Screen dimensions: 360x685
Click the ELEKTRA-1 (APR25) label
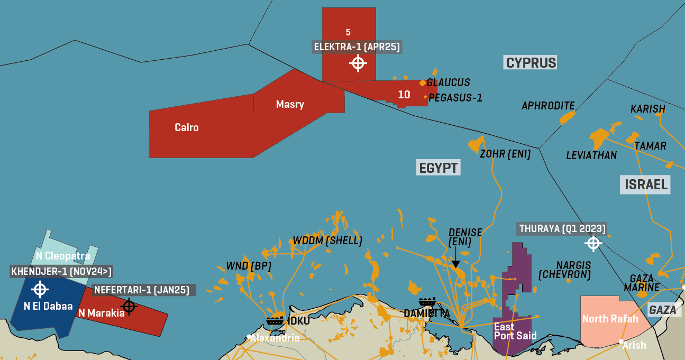pos(357,47)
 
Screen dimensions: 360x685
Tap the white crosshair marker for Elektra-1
pos(358,63)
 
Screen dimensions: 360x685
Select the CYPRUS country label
pos(531,63)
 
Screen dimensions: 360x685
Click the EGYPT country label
pos(438,168)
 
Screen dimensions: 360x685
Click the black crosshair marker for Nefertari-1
pos(129,306)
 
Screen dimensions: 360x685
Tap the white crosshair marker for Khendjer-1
pos(40,289)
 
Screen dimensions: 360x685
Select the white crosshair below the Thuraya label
pos(593,243)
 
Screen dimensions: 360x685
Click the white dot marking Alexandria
pos(249,337)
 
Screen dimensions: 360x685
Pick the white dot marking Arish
pos(621,341)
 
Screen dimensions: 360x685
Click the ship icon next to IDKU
pos(275,320)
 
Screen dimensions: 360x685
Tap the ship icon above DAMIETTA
pos(427,302)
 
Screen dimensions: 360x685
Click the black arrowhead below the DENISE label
pos(455,263)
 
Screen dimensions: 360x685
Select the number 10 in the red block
pos(404,95)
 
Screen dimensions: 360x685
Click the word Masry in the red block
pos(290,104)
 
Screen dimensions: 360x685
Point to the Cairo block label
pos(187,127)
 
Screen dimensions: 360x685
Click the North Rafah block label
pos(610,319)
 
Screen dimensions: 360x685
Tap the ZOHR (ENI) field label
pos(505,154)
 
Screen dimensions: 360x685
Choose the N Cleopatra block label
pos(63,256)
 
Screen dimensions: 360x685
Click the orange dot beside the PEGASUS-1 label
pos(425,97)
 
